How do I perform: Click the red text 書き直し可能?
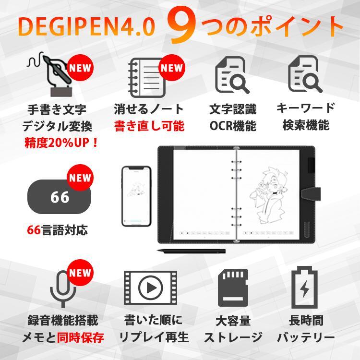(x=149, y=126)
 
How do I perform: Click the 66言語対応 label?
(x=58, y=230)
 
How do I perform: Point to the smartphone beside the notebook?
(x=136, y=196)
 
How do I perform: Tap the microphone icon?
(x=63, y=288)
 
